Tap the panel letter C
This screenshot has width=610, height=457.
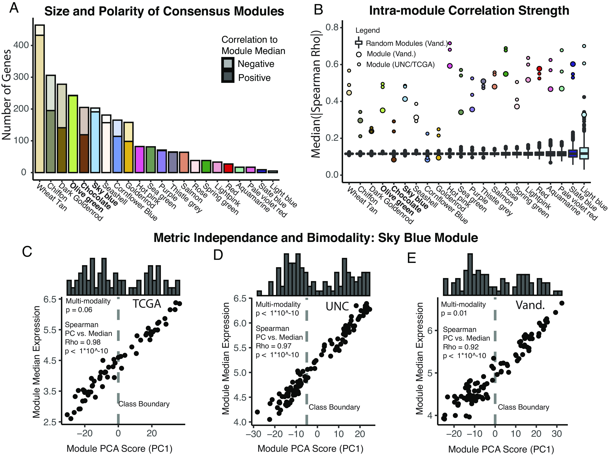[x=27, y=251]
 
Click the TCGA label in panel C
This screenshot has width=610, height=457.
[x=147, y=304]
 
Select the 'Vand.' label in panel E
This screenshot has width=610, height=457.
[x=530, y=305]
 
